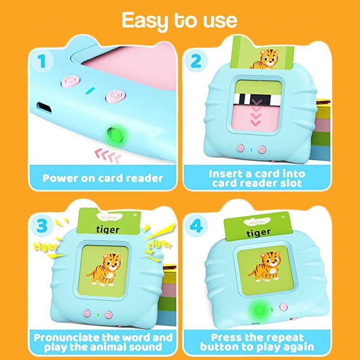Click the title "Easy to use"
coord(179,20)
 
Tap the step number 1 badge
coord(42,61)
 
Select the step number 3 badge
coord(41,225)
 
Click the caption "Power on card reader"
coord(103,178)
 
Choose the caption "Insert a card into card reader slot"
coord(257,178)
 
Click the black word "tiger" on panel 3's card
coord(108,230)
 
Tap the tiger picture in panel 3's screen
coord(104,270)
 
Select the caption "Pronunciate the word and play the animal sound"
coord(103,342)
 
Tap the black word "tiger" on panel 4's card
coord(259,232)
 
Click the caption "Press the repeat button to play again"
coord(257,342)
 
